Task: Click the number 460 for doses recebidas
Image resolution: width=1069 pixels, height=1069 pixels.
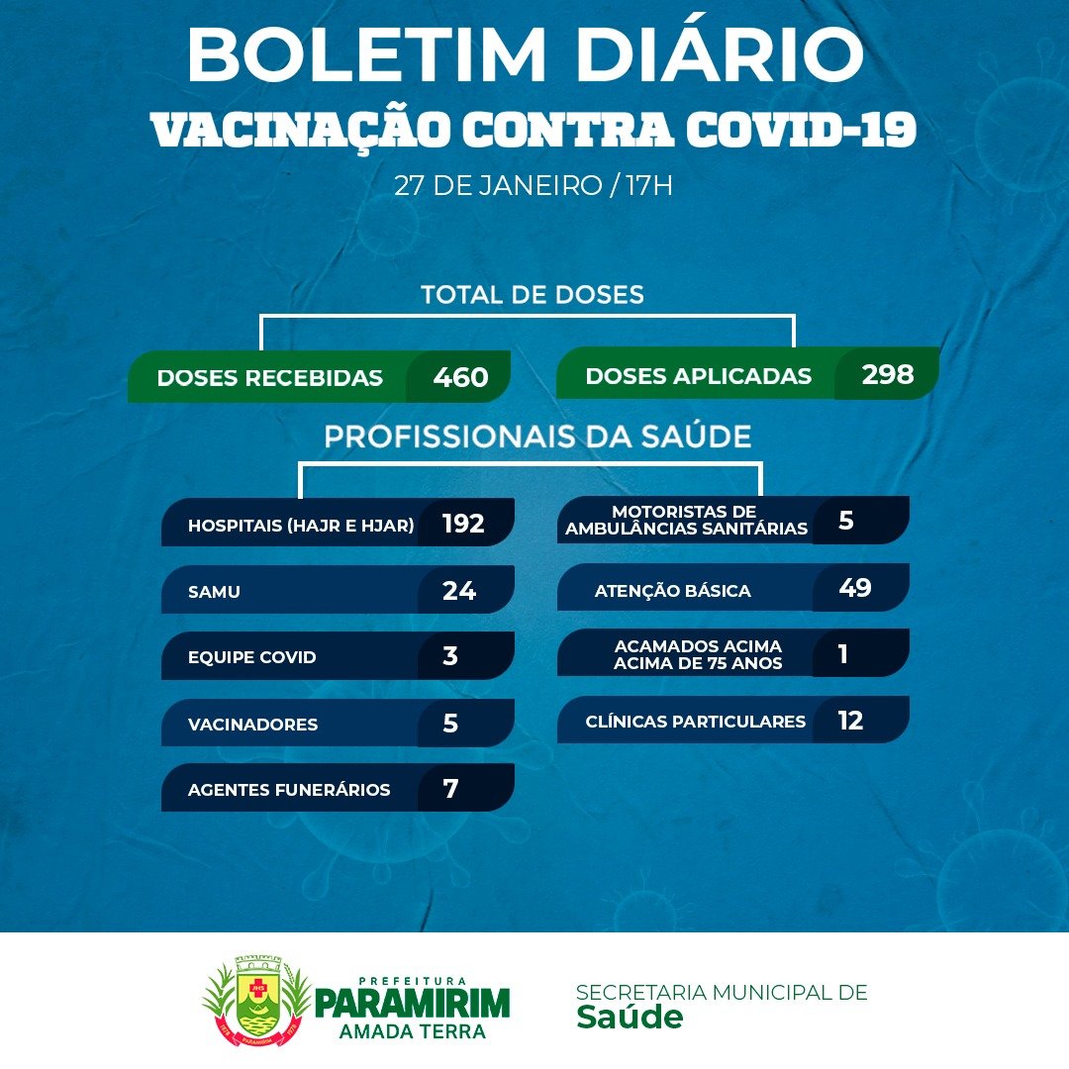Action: tap(460, 377)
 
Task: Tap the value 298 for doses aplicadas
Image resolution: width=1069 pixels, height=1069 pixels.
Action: tap(887, 374)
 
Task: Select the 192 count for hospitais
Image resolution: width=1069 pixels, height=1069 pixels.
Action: tap(463, 524)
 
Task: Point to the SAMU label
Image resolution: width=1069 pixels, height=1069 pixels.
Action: tap(214, 592)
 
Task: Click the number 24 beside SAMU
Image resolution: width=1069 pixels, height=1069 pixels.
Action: tap(459, 590)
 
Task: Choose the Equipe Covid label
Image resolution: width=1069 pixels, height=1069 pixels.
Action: tap(252, 657)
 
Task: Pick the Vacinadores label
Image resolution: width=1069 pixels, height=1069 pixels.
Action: tap(253, 724)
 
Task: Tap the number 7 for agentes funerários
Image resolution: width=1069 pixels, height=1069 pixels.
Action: tap(450, 789)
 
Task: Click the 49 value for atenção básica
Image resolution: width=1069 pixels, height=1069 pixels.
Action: tap(855, 587)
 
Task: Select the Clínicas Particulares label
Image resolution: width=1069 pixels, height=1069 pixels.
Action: tap(696, 722)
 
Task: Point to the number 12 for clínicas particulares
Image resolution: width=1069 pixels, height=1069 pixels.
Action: tap(850, 721)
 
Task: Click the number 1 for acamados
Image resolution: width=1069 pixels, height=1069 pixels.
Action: tap(843, 654)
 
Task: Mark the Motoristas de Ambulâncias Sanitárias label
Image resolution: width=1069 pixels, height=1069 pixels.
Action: tap(686, 521)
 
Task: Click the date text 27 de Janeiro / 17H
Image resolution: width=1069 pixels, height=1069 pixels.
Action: tap(534, 185)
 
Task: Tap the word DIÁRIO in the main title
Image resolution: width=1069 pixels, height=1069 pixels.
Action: tap(720, 54)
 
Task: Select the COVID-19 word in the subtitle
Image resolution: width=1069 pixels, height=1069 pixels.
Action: tap(801, 129)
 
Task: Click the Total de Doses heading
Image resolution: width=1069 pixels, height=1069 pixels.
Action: tap(533, 295)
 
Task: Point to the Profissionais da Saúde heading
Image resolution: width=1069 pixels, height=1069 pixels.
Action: tap(537, 437)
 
